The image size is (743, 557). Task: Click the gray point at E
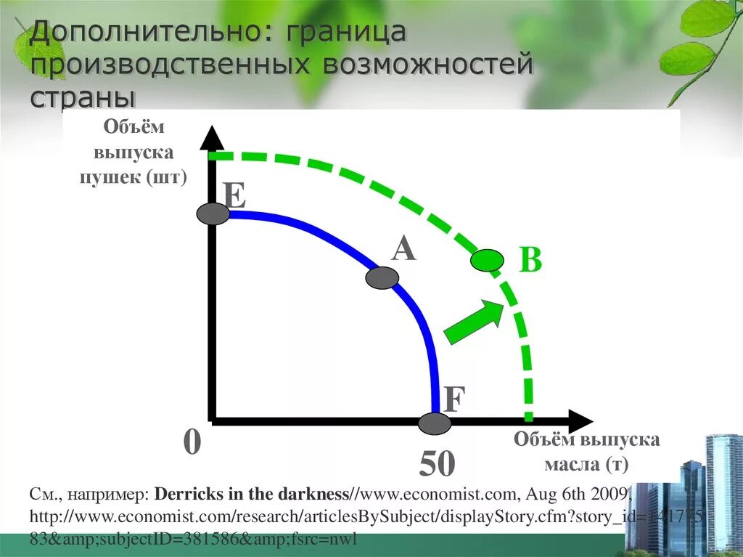tap(213, 214)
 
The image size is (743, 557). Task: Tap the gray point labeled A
tap(382, 277)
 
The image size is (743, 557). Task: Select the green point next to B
tap(487, 259)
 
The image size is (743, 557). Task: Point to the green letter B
tap(531, 260)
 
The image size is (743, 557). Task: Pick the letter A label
tap(403, 248)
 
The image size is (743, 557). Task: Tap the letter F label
tap(453, 399)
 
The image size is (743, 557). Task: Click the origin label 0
tap(192, 442)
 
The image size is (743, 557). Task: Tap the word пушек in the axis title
tap(110, 177)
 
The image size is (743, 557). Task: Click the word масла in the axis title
tap(559, 463)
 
